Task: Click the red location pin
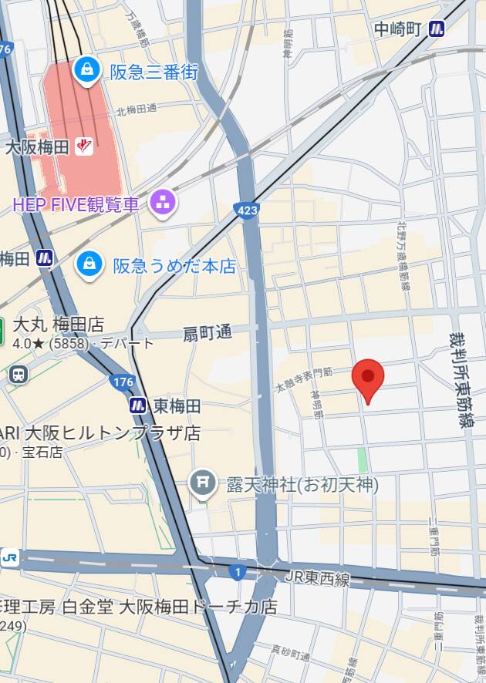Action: pyautogui.click(x=368, y=378)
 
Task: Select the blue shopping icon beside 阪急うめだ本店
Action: pyautogui.click(x=89, y=266)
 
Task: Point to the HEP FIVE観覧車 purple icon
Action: pyautogui.click(x=163, y=204)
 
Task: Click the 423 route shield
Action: pyautogui.click(x=246, y=210)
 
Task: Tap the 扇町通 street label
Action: pyautogui.click(x=207, y=333)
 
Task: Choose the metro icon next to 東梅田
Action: pyautogui.click(x=138, y=405)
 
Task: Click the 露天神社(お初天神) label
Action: pyautogui.click(x=302, y=484)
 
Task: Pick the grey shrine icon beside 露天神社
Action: pyautogui.click(x=202, y=484)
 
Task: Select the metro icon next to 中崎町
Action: pyautogui.click(x=438, y=29)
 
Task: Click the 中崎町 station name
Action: pyautogui.click(x=397, y=29)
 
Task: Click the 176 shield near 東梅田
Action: pyautogui.click(x=122, y=382)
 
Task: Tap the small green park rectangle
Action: pyautogui.click(x=362, y=459)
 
